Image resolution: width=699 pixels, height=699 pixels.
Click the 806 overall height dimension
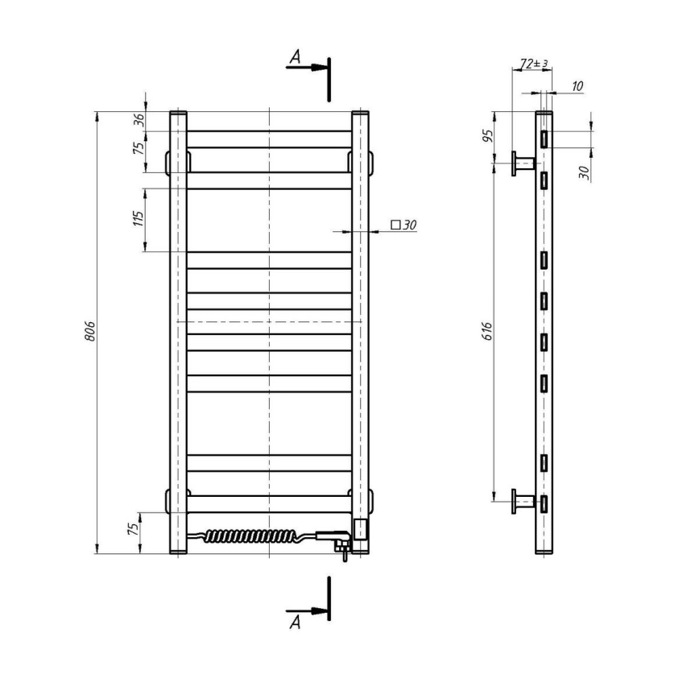[90, 331]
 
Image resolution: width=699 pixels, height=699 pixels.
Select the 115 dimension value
[138, 219]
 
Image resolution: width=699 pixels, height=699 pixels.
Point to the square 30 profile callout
[403, 225]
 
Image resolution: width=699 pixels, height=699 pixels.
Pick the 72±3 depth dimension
[534, 63]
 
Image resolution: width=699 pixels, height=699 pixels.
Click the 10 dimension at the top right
[577, 86]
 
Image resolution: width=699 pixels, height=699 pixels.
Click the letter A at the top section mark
[295, 57]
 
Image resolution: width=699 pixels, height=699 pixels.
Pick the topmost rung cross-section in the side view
[544, 139]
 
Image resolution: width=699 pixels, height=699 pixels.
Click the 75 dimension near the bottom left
[138, 528]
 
